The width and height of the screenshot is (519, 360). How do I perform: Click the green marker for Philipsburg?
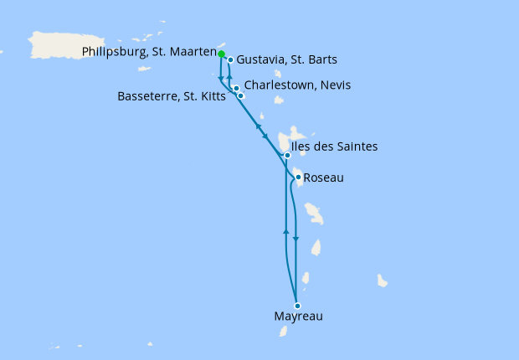pyautogui.click(x=222, y=54)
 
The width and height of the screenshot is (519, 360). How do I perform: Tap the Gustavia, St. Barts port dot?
pyautogui.click(x=230, y=60)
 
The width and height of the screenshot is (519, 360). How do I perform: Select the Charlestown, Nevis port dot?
pyautogui.click(x=237, y=88)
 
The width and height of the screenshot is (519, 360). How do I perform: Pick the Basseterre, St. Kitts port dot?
pyautogui.click(x=241, y=96)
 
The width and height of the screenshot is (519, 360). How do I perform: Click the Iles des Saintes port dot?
pyautogui.click(x=287, y=155)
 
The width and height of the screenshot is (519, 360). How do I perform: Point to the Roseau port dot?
pyautogui.click(x=298, y=177)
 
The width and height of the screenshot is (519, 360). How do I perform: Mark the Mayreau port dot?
pyautogui.click(x=297, y=306)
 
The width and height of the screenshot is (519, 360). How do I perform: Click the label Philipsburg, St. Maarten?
pyautogui.click(x=148, y=53)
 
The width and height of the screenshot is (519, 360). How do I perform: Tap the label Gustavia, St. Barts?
pyautogui.click(x=282, y=60)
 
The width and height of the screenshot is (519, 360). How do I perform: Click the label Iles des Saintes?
pyautogui.click(x=334, y=147)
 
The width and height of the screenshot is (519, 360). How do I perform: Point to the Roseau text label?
pyautogui.click(x=324, y=177)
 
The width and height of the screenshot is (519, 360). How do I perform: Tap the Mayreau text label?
pyautogui.click(x=299, y=317)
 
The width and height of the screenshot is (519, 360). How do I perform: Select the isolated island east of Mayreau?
pyautogui.click(x=383, y=280)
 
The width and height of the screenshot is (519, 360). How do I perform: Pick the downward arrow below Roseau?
pyautogui.click(x=296, y=238)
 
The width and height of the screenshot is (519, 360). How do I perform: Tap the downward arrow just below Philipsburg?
pyautogui.click(x=220, y=80)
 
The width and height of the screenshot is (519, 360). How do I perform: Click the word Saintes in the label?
pyautogui.click(x=356, y=147)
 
